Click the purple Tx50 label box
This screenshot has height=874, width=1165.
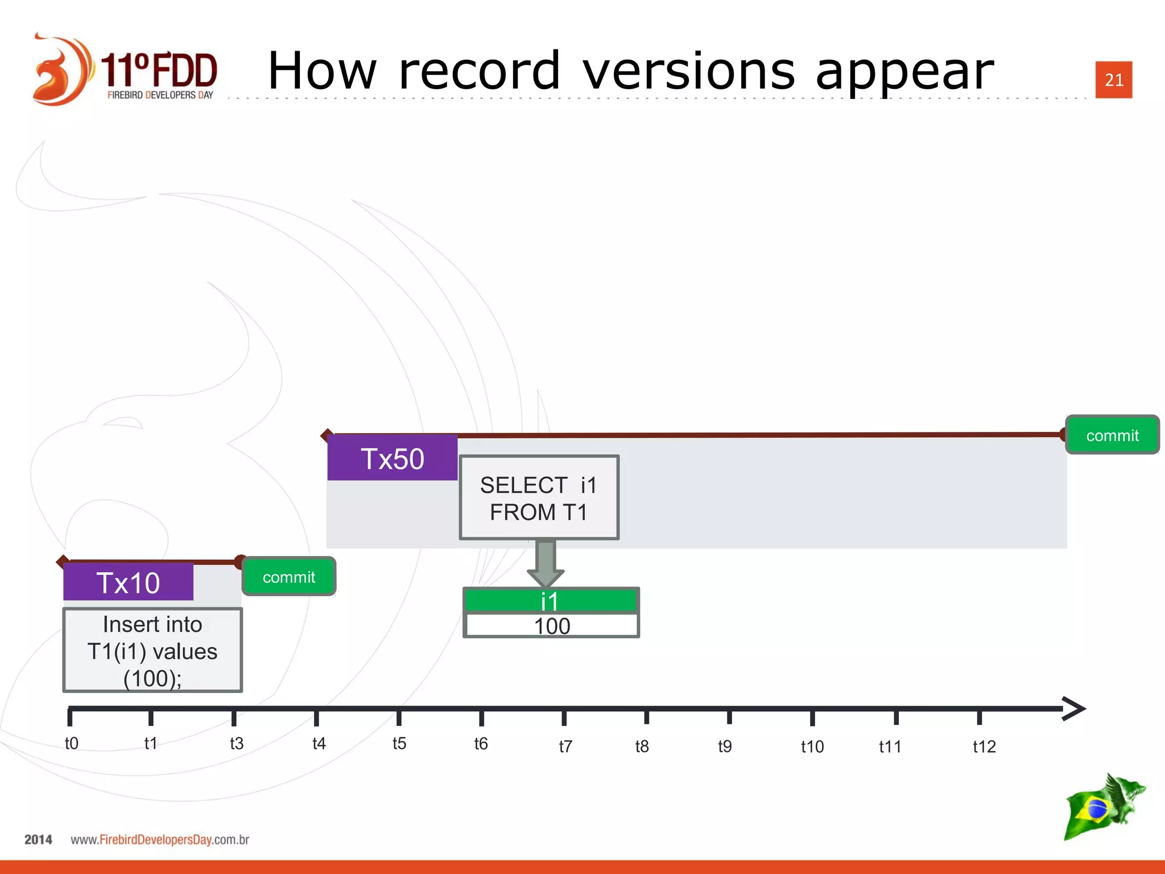tap(392, 458)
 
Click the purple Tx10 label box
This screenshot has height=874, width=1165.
tap(128, 582)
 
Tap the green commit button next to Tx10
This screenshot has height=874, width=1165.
tap(289, 577)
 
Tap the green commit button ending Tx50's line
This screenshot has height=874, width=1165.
tap(1112, 435)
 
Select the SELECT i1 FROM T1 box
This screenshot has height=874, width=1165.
tap(539, 498)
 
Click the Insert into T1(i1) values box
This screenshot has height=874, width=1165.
tap(152, 650)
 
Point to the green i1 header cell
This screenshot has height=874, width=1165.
tap(550, 600)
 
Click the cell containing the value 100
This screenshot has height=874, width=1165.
tap(551, 626)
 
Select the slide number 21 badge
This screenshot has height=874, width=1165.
tap(1113, 80)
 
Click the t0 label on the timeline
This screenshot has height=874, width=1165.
tap(72, 743)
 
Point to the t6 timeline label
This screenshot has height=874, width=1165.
tap(481, 744)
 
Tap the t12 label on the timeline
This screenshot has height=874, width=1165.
tap(984, 747)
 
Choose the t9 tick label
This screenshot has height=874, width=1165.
tap(724, 746)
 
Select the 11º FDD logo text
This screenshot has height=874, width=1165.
tap(159, 71)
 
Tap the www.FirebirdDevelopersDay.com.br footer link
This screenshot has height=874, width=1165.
tap(160, 840)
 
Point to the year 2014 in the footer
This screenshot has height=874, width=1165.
tap(38, 840)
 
